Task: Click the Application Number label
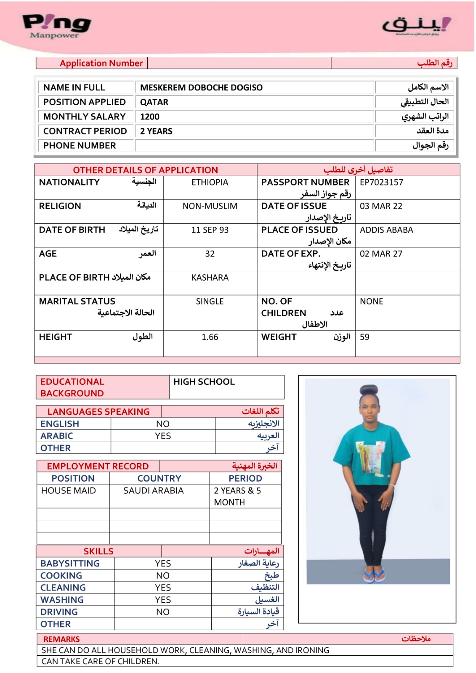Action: [101, 63]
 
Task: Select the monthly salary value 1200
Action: [150, 117]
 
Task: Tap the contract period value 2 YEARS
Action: [156, 131]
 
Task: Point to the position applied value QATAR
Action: [154, 102]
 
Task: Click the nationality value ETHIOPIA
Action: [210, 182]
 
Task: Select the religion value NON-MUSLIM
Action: [210, 206]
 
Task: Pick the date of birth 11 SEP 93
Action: [210, 230]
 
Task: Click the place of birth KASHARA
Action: [210, 278]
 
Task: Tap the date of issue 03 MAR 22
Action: [381, 206]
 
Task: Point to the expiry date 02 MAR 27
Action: [381, 254]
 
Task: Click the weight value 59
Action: [364, 337]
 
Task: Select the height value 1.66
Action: [210, 337]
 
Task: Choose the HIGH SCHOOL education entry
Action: [204, 382]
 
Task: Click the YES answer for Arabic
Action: [163, 436]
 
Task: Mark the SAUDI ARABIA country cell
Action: [153, 490]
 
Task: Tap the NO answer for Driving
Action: [163, 612]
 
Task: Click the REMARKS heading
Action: [61, 639]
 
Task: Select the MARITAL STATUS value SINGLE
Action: [210, 302]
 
